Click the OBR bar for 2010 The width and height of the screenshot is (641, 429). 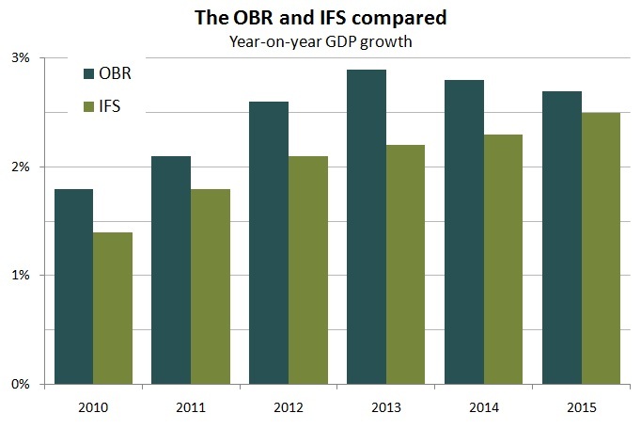(x=73, y=287)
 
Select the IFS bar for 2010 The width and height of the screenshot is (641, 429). (x=112, y=309)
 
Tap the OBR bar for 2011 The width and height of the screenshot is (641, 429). (x=171, y=270)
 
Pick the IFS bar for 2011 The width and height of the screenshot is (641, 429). (x=210, y=287)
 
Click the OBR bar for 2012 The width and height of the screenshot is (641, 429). (x=269, y=243)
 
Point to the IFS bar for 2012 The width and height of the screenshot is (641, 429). (x=307, y=270)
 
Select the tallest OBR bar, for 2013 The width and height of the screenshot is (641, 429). (x=367, y=227)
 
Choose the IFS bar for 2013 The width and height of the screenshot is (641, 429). (x=405, y=264)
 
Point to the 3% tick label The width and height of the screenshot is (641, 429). (x=21, y=58)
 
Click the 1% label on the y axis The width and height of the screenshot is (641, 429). (x=21, y=276)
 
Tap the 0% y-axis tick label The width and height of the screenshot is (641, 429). (x=21, y=385)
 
